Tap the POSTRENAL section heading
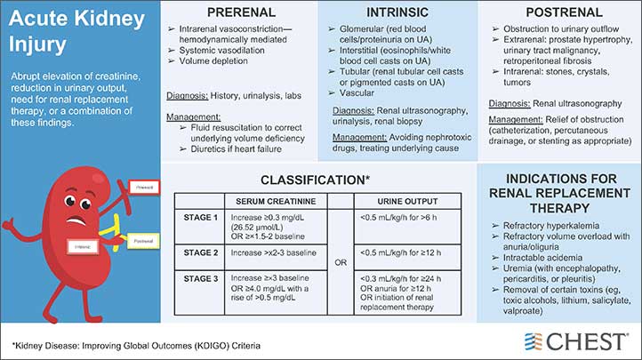click(560, 12)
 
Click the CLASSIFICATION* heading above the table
click(317, 179)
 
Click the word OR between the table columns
click(340, 262)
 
